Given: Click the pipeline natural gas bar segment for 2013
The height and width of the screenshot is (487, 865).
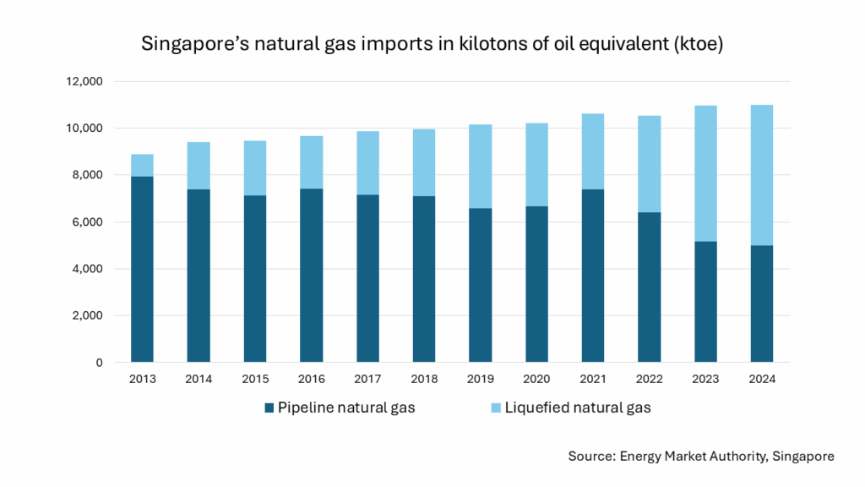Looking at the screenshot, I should (142, 269).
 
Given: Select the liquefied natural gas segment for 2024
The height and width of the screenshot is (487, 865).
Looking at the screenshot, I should (761, 175).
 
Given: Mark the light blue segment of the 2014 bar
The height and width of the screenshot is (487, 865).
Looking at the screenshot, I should (199, 166).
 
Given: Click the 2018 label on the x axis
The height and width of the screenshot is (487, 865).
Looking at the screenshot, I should (424, 380).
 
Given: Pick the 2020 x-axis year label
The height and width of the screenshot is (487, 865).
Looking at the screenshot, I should (536, 380).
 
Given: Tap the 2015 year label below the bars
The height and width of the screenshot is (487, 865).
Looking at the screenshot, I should (255, 380).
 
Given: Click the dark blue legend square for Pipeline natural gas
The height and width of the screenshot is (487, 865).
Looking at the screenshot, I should (269, 408).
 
